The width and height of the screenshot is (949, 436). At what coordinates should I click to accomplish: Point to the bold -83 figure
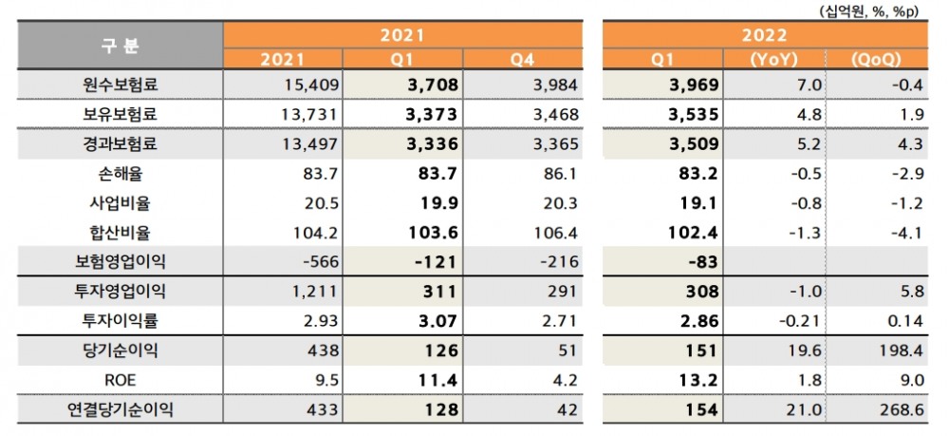704,261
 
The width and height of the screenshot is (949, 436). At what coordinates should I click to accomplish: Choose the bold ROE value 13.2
700,380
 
